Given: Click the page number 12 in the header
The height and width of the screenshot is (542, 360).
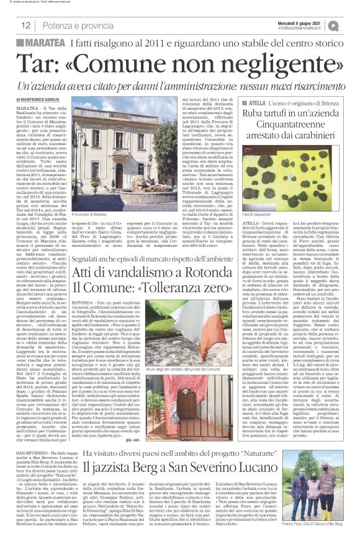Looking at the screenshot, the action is coord(26,25).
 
